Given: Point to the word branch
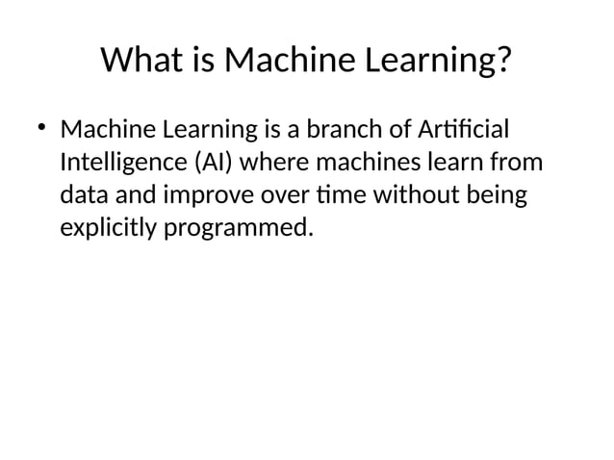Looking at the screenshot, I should pyautogui.click(x=337, y=129).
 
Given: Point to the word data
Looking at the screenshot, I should pyautogui.click(x=84, y=196).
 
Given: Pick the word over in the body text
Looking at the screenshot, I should pyautogui.click(x=283, y=196).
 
